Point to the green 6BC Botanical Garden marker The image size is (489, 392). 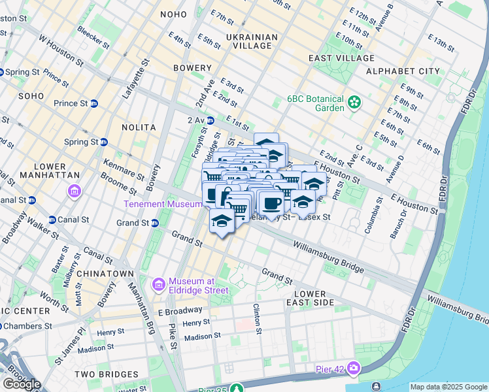pos(354,101)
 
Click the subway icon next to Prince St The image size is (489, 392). pos(94,103)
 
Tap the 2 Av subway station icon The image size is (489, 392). pos(211,120)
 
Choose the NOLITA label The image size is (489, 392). pos(139,127)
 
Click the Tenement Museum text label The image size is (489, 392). pos(164,204)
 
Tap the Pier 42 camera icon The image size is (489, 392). pos(354,368)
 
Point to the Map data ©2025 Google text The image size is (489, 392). pos(448,387)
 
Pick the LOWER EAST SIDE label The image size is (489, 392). pos(314,298)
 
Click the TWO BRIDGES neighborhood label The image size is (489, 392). pos(104,374)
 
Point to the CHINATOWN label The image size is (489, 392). pos(105,273)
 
